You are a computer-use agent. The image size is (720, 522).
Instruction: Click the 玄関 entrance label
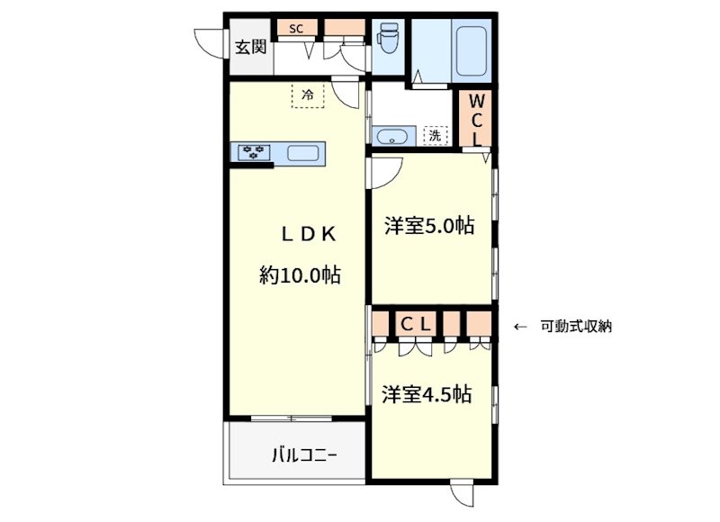pos(251,47)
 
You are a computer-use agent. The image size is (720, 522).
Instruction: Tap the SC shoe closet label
pos(296,28)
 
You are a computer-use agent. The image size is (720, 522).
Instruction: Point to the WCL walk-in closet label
pos(476,119)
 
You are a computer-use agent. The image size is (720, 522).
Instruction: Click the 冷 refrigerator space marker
pos(308,94)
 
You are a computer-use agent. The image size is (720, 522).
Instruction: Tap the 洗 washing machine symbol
pos(435,137)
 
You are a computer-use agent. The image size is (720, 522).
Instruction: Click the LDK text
pos(308,235)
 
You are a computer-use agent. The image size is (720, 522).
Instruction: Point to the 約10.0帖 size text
pos(300,275)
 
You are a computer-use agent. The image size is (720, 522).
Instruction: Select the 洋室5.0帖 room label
pos(429,227)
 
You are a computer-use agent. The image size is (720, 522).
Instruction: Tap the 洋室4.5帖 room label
pos(427,394)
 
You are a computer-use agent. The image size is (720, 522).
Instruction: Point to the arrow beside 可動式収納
pos(520,327)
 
